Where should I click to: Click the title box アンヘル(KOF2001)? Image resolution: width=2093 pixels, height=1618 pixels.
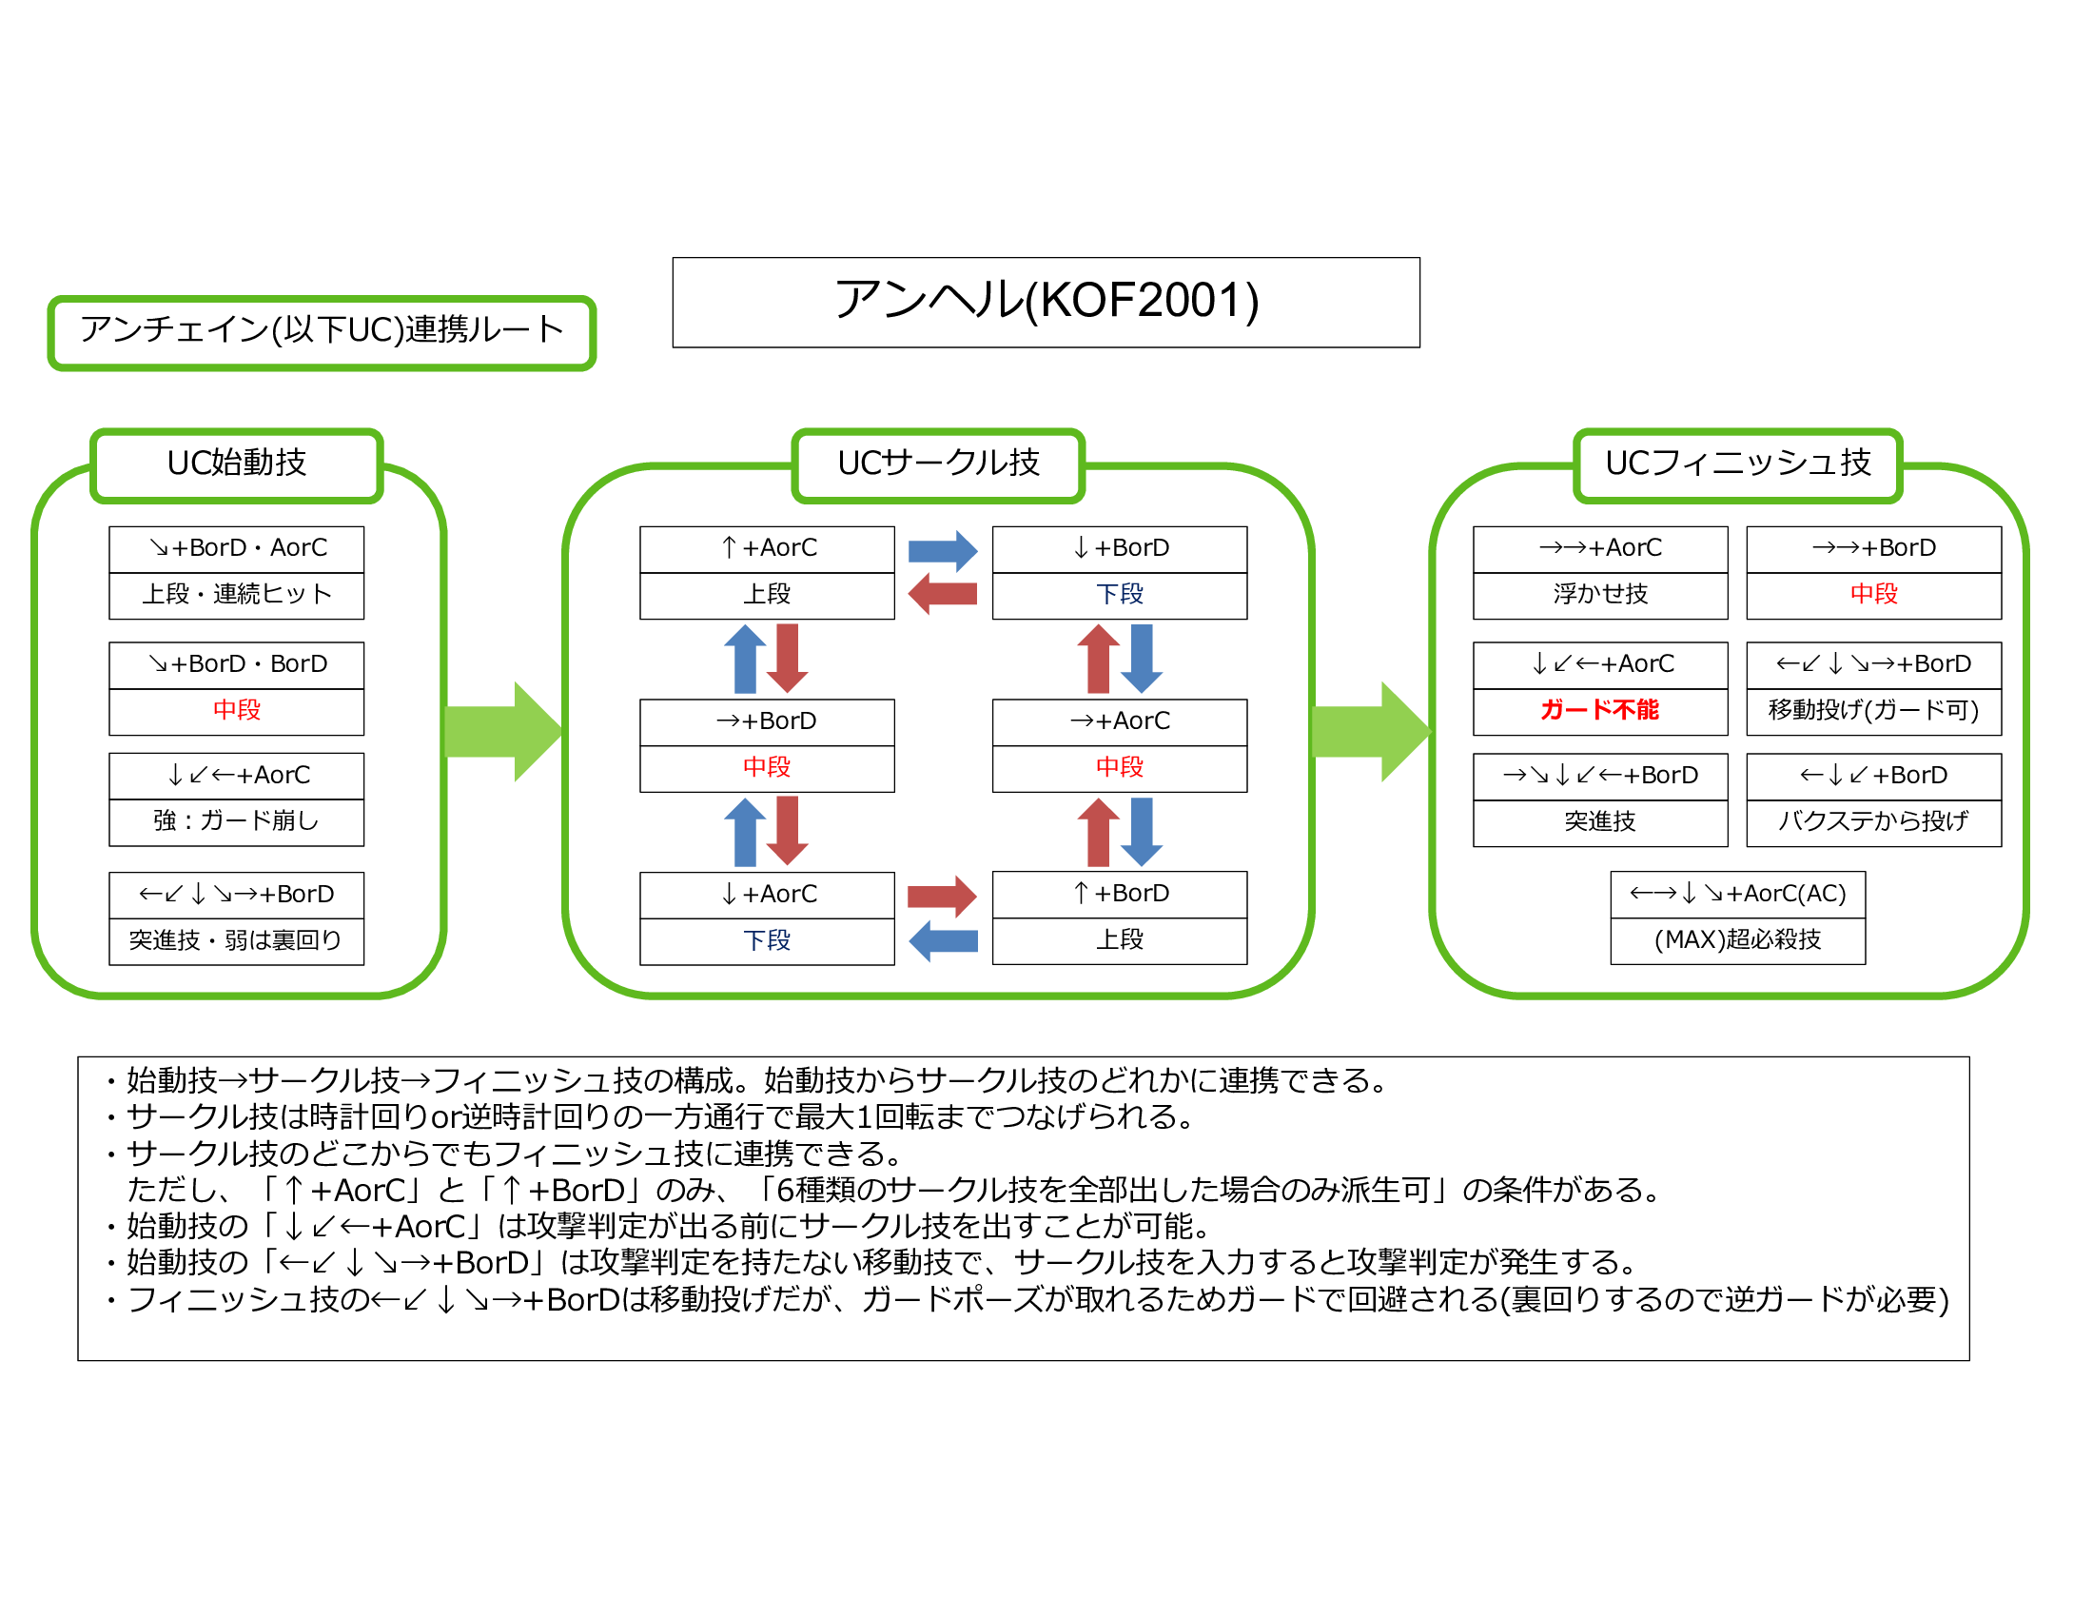(1046, 302)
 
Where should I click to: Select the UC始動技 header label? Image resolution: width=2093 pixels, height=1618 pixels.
(237, 464)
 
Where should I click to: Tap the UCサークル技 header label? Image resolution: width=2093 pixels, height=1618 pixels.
(938, 464)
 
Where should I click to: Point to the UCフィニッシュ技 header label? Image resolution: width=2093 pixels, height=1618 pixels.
(1737, 464)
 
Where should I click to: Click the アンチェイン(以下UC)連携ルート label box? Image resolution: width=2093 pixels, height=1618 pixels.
(322, 331)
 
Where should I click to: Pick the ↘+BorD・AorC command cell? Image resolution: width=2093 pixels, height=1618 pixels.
(237, 548)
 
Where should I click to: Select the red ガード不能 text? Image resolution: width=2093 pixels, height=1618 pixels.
(1599, 710)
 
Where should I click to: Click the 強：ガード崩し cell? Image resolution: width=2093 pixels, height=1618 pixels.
(237, 821)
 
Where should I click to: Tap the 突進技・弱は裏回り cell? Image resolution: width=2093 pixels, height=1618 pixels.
(237, 940)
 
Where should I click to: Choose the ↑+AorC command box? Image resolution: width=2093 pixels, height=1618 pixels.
(767, 548)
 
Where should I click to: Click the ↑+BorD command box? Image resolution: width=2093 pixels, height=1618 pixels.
(1120, 894)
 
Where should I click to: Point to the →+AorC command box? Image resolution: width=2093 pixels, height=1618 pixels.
(1120, 720)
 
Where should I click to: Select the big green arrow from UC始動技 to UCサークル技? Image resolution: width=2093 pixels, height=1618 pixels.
(502, 731)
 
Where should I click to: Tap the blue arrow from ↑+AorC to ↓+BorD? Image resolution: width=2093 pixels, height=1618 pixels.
(942, 551)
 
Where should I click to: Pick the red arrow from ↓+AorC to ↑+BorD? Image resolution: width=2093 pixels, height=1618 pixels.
(942, 898)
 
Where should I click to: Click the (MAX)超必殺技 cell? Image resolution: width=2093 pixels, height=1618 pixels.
(1737, 940)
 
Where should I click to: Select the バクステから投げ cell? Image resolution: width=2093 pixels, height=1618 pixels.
(1873, 821)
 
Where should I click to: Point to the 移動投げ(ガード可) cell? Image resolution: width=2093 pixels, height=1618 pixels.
(1873, 710)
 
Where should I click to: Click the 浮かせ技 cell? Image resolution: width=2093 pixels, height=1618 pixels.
(1599, 594)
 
